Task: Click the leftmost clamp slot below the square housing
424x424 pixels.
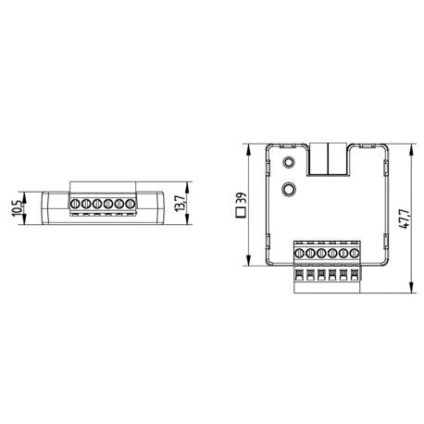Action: (300, 276)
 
